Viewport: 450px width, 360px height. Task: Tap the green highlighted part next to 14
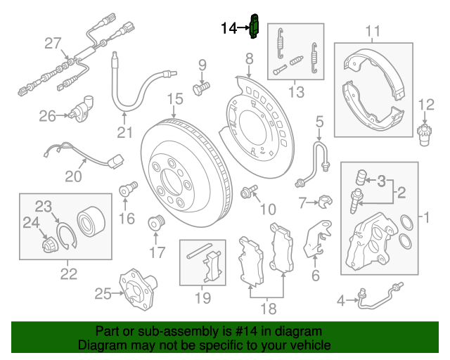coord(255,27)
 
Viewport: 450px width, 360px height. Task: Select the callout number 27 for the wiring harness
coord(53,44)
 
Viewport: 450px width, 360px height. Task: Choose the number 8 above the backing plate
coord(249,58)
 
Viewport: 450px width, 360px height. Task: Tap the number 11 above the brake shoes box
coord(373,31)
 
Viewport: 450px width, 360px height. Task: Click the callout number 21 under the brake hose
coord(124,133)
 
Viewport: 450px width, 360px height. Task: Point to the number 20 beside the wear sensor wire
coord(73,176)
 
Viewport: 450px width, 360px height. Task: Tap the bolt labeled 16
coord(127,190)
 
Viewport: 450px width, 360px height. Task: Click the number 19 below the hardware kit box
coord(202,299)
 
